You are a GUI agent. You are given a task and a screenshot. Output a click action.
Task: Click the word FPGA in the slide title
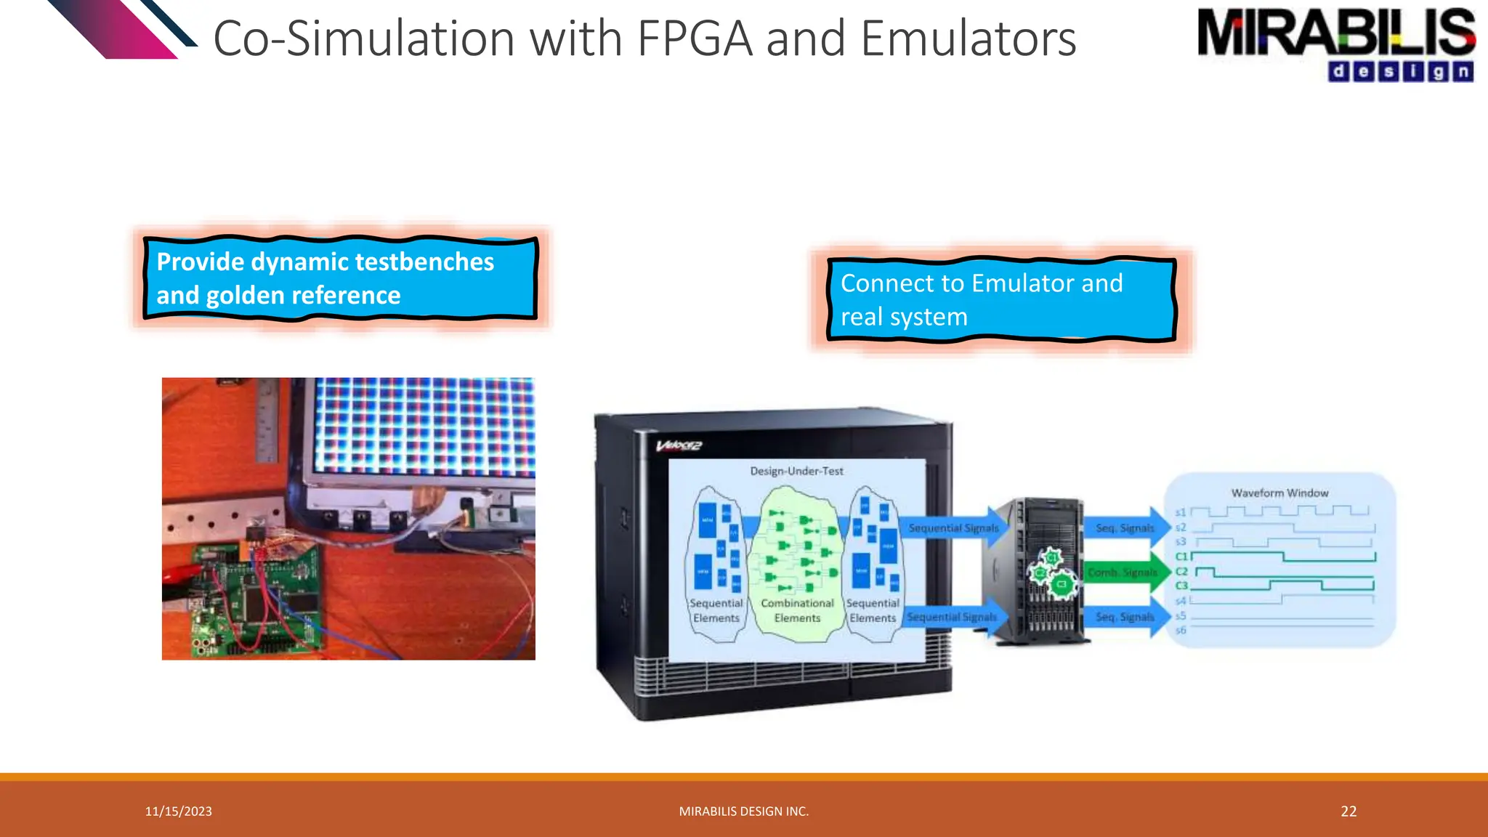click(x=695, y=39)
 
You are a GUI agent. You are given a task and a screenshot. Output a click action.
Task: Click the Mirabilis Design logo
click(x=1335, y=44)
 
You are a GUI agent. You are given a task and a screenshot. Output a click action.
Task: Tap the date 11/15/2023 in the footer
click(x=178, y=812)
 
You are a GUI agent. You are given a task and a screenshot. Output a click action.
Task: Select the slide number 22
click(x=1348, y=812)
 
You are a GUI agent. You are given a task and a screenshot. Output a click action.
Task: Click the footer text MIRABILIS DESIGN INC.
click(x=743, y=812)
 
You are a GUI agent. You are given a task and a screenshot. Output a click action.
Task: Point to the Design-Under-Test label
click(x=796, y=471)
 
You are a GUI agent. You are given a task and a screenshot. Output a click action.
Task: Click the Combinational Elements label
click(x=797, y=610)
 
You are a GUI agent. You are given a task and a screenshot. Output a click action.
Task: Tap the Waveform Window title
click(x=1279, y=493)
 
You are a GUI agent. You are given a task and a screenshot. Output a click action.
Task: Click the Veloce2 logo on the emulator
click(x=679, y=445)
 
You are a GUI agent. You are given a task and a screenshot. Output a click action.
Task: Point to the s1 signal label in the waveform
click(x=1180, y=512)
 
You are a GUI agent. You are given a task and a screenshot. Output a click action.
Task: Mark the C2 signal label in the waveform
click(x=1181, y=571)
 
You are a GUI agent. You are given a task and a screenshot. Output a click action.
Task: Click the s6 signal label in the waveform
click(x=1180, y=630)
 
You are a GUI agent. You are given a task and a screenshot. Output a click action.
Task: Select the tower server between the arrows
click(x=1035, y=570)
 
